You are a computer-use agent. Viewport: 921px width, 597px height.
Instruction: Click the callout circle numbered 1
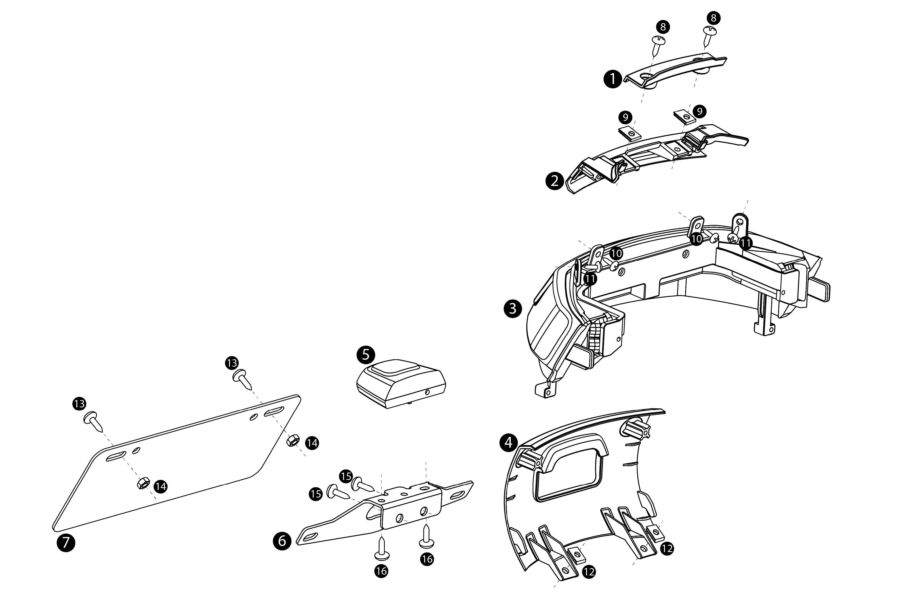(x=613, y=79)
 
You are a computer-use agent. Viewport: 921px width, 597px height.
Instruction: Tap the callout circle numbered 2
(x=554, y=181)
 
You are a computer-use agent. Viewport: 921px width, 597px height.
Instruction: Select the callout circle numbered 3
(x=513, y=308)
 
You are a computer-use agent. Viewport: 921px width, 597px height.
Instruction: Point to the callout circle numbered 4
(x=508, y=443)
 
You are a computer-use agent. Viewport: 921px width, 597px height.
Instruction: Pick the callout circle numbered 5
(x=366, y=355)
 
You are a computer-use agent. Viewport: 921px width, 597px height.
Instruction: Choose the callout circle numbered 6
(x=282, y=540)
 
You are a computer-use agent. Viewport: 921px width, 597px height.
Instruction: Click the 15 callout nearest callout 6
(x=316, y=494)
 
